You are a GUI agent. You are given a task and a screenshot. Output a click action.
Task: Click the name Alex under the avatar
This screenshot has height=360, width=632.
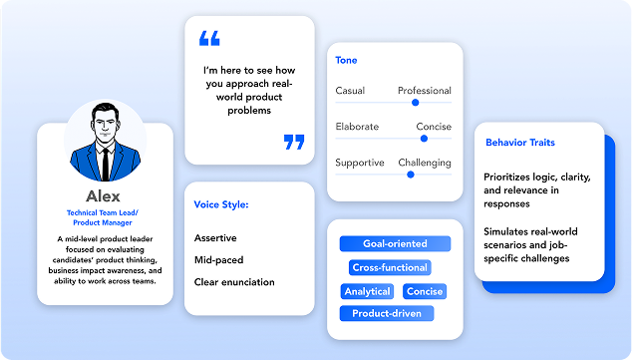[104, 196]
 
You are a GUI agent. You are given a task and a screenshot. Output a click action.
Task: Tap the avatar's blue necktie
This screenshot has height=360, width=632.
[105, 160]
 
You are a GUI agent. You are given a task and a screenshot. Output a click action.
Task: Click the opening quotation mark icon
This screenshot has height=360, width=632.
[209, 39]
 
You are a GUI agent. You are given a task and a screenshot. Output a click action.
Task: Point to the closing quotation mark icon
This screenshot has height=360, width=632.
[293, 142]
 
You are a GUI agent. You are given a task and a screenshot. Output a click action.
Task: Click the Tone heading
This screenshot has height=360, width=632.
[347, 61]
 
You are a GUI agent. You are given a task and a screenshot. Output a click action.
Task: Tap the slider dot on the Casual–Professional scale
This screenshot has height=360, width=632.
[415, 102]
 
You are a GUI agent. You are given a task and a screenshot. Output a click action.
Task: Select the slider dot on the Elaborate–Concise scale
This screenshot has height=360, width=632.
[424, 139]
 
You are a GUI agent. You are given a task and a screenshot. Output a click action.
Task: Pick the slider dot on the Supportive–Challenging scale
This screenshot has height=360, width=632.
[410, 175]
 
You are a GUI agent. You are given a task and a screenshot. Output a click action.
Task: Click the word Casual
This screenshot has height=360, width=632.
[350, 91]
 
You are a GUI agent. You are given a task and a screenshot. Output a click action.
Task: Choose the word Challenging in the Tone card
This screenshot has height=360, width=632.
[425, 163]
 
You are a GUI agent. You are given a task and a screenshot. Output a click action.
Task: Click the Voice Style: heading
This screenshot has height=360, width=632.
[221, 205]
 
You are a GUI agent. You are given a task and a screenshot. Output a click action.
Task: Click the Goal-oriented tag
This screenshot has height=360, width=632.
[395, 243]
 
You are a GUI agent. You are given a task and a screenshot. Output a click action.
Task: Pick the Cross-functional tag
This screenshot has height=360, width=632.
[390, 267]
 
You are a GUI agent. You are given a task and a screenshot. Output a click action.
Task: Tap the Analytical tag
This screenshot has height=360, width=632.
[367, 291]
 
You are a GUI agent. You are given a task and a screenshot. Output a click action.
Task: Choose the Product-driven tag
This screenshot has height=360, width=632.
[387, 314]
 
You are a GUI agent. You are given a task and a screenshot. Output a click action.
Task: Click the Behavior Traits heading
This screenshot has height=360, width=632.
[520, 143]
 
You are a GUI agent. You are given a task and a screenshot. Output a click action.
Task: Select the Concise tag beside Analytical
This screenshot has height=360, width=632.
[425, 291]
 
